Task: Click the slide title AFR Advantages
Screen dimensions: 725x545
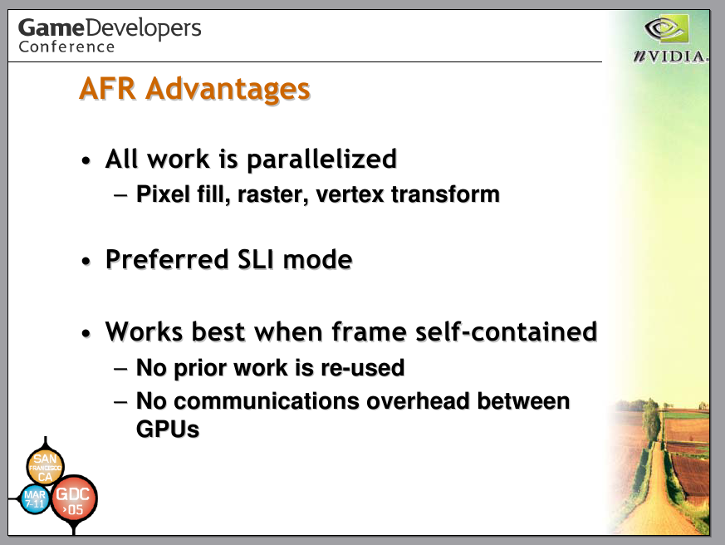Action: [x=194, y=89]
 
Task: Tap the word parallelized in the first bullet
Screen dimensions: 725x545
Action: [x=322, y=160]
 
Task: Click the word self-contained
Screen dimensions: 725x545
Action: [x=507, y=331]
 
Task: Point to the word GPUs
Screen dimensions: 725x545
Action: [x=168, y=429]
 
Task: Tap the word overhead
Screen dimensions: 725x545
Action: [x=418, y=400]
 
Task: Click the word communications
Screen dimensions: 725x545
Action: [x=267, y=400]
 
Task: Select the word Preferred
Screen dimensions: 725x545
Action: [x=168, y=259]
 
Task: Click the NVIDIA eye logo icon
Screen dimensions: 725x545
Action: [x=666, y=29]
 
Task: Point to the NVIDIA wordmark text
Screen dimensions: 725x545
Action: [x=669, y=56]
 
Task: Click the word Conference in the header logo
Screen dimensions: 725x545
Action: [x=66, y=47]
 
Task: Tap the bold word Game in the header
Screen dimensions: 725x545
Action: [x=51, y=27]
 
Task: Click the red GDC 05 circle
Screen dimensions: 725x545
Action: [x=74, y=498]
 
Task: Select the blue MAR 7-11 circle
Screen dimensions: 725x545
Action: [x=35, y=499]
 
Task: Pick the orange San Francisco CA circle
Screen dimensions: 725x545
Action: [x=45, y=466]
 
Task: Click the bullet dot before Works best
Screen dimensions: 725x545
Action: [x=86, y=334]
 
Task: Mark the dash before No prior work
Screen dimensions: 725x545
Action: [x=120, y=369]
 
